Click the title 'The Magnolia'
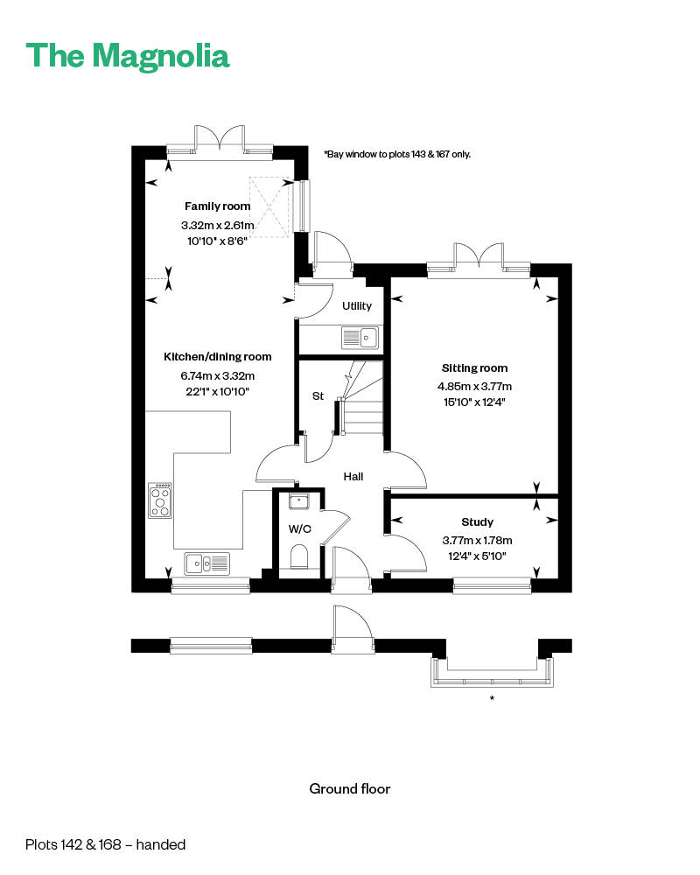[128, 55]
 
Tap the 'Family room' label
[217, 206]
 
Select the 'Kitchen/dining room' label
[217, 357]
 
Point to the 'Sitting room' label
[474, 368]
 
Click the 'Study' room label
[477, 522]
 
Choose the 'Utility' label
[357, 306]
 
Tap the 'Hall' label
[353, 477]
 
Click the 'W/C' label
[300, 529]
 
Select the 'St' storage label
[318, 396]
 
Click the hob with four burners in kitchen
[160, 501]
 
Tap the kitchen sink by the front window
[206, 563]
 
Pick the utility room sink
[359, 337]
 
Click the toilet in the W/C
[299, 556]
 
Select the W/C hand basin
[299, 501]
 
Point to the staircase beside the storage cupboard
[361, 398]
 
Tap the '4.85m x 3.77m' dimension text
[474, 387]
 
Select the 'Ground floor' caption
[349, 789]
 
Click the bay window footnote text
[397, 154]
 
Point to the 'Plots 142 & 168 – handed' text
[106, 845]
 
